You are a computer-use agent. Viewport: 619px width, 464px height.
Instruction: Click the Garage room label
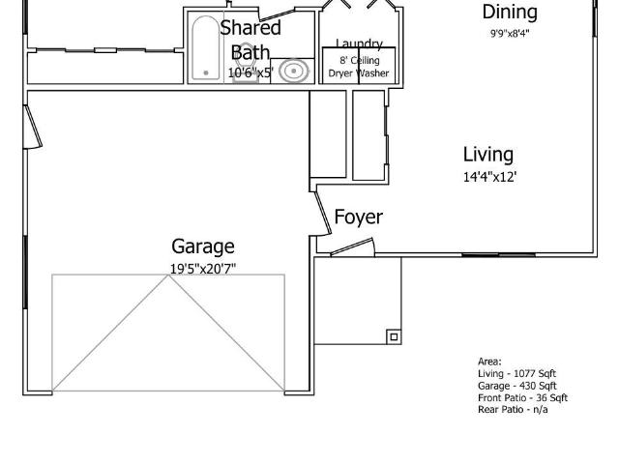point(203,246)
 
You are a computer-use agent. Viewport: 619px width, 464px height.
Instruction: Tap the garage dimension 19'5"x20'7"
point(203,269)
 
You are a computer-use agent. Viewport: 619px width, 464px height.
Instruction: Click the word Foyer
point(358,217)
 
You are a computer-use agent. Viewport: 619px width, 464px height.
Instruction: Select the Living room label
point(487,155)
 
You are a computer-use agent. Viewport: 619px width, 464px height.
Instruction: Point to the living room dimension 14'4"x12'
point(488,177)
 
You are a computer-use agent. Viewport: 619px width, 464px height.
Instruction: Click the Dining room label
point(510,13)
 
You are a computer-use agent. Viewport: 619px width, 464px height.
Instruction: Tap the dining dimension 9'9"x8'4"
point(510,33)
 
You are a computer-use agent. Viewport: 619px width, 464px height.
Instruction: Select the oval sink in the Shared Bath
point(294,71)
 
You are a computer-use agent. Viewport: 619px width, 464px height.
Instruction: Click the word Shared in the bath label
point(250,28)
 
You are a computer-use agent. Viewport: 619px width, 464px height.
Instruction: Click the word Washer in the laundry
point(374,73)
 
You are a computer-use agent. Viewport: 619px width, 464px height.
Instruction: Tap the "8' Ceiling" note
point(359,60)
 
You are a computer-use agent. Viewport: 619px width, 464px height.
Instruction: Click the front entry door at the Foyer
point(351,247)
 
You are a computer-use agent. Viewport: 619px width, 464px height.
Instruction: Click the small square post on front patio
point(393,336)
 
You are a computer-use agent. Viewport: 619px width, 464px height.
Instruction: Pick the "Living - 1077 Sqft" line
point(516,373)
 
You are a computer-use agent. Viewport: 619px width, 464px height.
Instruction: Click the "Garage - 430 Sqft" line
point(516,386)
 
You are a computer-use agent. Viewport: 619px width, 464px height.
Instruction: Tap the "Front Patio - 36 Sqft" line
point(522,397)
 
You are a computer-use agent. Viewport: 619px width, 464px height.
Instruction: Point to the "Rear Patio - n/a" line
point(513,409)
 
